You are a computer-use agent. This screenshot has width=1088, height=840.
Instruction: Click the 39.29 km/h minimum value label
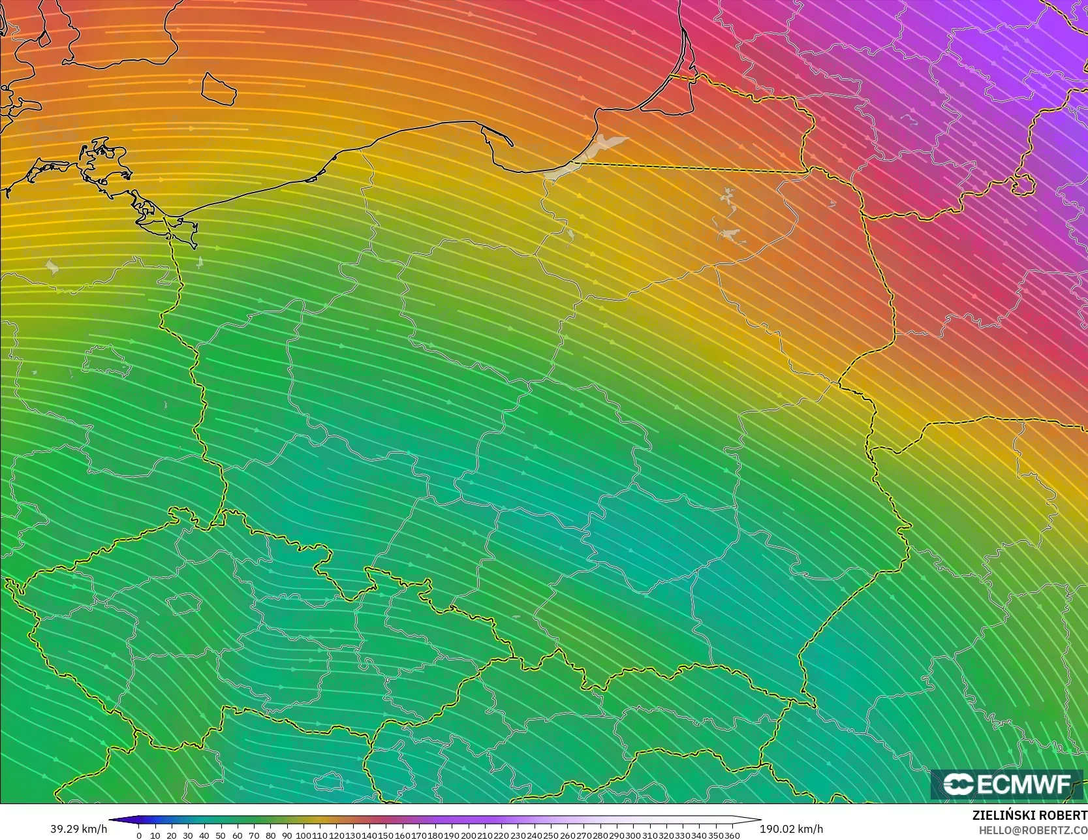(x=78, y=829)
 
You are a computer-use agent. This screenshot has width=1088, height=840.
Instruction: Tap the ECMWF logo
(x=1006, y=784)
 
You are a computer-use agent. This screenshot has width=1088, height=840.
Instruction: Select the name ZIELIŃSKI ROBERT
(x=1029, y=815)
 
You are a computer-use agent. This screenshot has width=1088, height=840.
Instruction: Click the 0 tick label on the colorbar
(x=139, y=835)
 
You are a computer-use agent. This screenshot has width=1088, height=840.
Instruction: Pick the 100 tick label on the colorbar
(x=303, y=835)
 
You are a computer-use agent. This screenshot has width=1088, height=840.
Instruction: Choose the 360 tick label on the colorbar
(x=732, y=835)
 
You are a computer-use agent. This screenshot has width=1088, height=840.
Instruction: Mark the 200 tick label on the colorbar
(x=468, y=835)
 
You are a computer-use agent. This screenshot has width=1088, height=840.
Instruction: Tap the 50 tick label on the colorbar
(x=221, y=835)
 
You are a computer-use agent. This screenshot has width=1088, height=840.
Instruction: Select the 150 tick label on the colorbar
(x=386, y=835)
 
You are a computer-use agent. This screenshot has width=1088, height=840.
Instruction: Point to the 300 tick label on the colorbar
(x=632, y=835)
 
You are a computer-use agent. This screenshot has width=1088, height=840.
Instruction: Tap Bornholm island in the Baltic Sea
(x=219, y=88)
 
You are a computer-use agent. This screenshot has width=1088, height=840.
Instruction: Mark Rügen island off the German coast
(x=104, y=163)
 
